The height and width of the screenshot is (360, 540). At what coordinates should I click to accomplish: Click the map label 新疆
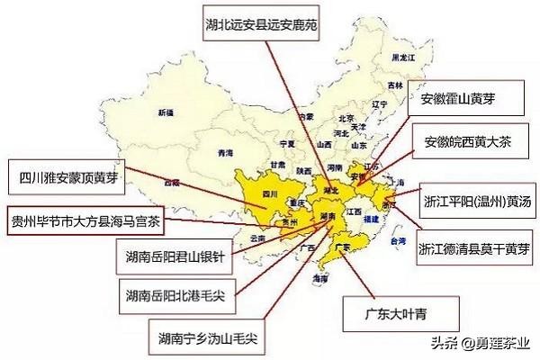click(165, 112)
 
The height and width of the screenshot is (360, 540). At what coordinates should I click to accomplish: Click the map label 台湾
click(393, 242)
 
